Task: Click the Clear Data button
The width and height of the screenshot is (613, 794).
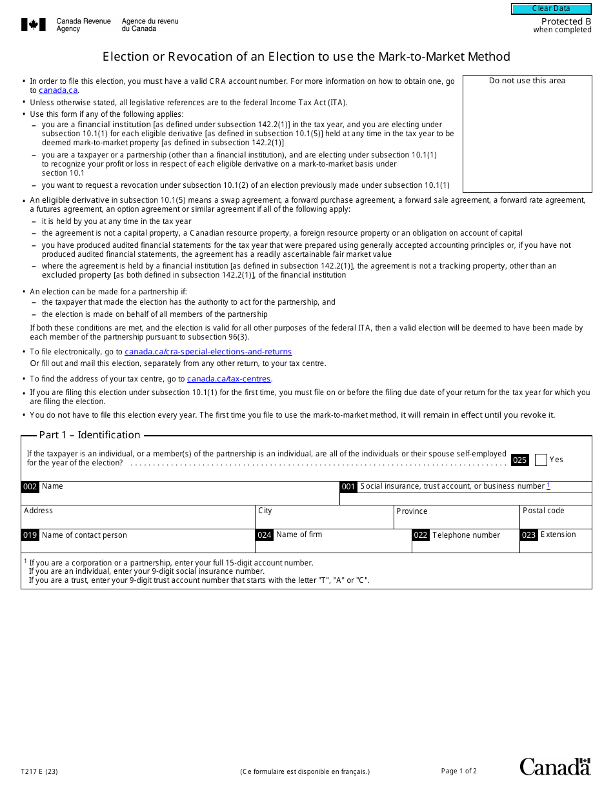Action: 551,9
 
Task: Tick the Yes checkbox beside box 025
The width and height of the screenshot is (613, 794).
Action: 541,460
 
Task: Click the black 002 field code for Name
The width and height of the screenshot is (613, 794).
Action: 30,487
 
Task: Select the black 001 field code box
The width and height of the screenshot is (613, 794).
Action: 348,487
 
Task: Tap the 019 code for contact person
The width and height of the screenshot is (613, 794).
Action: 30,535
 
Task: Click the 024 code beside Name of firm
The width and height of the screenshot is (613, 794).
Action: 265,535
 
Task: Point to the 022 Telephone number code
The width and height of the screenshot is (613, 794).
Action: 421,535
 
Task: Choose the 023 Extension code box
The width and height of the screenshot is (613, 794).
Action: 528,535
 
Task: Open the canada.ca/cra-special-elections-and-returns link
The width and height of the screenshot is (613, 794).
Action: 208,352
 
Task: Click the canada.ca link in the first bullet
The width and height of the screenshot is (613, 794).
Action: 58,90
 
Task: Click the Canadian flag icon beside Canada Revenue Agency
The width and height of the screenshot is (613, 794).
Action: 34,25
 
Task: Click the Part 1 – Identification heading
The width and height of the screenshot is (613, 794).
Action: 90,435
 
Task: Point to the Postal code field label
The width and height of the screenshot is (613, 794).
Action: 543,511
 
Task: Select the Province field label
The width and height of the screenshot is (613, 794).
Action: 412,511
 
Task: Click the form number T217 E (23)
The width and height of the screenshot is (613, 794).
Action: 39,771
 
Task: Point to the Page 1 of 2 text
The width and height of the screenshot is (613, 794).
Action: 459,771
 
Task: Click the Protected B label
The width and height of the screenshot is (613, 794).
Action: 566,21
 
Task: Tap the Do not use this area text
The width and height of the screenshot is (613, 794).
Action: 527,81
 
